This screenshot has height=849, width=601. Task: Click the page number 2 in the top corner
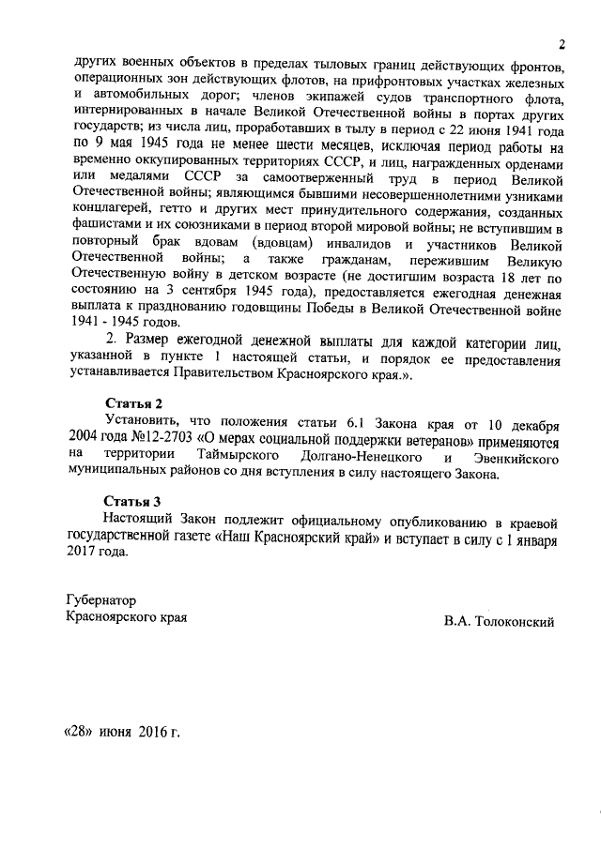tap(561, 44)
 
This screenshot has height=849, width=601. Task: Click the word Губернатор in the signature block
tap(100, 599)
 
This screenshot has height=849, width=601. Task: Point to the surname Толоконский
tap(516, 622)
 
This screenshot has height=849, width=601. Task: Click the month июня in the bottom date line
tap(116, 731)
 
